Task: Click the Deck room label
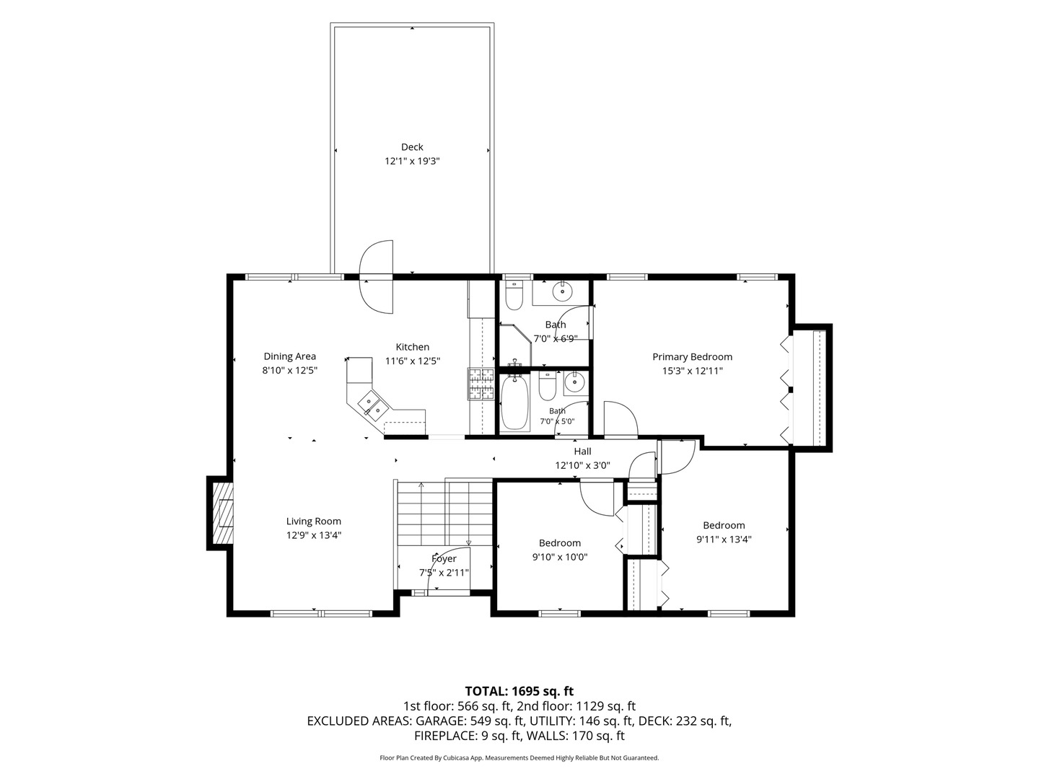coord(412,147)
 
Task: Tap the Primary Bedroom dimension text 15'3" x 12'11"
coord(692,371)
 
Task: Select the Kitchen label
coord(412,347)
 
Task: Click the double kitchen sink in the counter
coord(372,407)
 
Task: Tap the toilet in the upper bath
coord(514,296)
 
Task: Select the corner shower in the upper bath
coord(516,343)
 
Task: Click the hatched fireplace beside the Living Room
coord(222,513)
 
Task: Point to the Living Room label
coord(313,521)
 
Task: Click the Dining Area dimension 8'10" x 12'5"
coord(289,370)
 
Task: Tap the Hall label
coord(582,452)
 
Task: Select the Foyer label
coord(444,559)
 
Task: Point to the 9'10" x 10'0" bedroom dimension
coord(559,557)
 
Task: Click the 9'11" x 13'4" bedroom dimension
coord(724,540)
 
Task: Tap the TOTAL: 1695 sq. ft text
coord(519,692)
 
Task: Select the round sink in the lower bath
coord(574,383)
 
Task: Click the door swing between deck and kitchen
coord(377,277)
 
